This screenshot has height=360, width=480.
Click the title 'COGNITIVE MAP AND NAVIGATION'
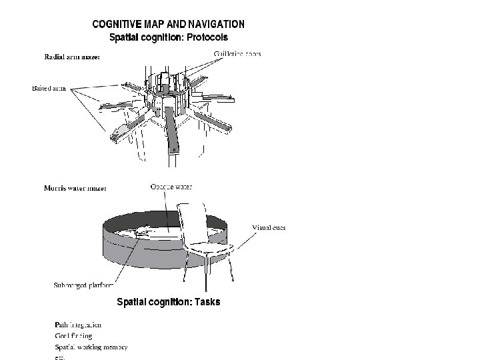click(x=168, y=24)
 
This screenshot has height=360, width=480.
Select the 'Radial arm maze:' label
click(x=72, y=57)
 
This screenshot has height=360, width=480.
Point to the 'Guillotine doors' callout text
click(x=237, y=53)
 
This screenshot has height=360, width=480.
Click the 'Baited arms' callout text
click(x=49, y=87)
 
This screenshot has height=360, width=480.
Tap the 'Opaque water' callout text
click(x=171, y=187)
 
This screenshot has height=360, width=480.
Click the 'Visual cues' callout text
click(x=269, y=227)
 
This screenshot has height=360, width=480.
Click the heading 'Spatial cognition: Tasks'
click(x=168, y=302)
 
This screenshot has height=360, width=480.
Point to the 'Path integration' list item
click(x=78, y=325)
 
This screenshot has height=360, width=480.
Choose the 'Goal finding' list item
click(x=73, y=335)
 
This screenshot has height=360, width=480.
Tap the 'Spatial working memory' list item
click(x=91, y=347)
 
